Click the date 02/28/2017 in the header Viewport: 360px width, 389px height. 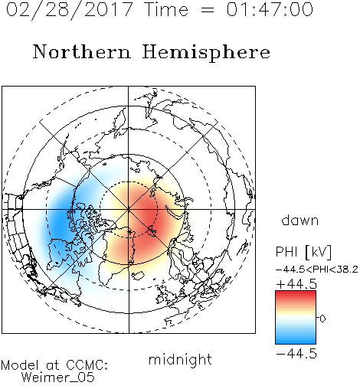(x=70, y=10)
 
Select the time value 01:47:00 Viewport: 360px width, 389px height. (x=270, y=9)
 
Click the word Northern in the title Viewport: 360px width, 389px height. (x=82, y=52)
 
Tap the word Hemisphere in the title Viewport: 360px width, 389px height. (x=206, y=53)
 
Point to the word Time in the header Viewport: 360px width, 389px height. (x=166, y=9)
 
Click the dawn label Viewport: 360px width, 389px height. (x=300, y=220)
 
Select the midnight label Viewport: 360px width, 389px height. (x=180, y=359)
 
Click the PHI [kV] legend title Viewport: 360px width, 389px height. (x=303, y=252)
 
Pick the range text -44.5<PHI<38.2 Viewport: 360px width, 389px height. (x=317, y=270)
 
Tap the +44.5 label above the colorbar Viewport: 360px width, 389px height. (x=296, y=284)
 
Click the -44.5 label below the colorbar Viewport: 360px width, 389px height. (x=296, y=354)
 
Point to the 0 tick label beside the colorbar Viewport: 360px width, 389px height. (x=322, y=319)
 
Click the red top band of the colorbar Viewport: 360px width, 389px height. (x=296, y=295)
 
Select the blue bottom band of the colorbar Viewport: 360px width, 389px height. (x=296, y=339)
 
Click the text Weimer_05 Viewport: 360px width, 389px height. (x=58, y=378)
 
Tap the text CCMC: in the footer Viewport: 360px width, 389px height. (x=87, y=365)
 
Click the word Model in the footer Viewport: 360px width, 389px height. (x=20, y=365)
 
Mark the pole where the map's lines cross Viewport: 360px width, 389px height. (x=129, y=209)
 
